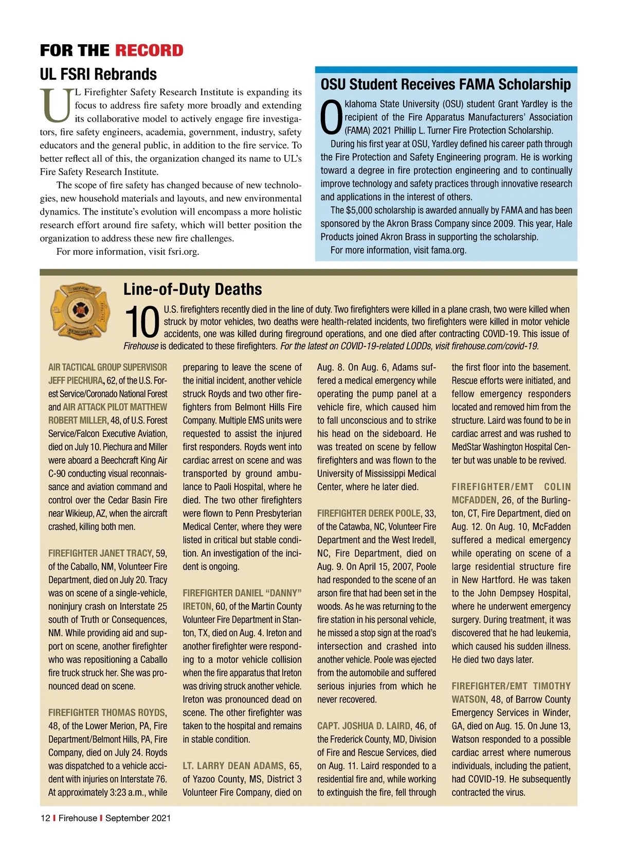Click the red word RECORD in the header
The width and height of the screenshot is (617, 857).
(149, 50)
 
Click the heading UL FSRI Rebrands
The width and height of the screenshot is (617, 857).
(98, 74)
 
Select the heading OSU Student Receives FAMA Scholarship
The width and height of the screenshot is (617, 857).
(445, 84)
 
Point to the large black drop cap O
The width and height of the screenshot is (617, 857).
(331, 117)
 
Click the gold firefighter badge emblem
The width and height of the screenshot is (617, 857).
(80, 310)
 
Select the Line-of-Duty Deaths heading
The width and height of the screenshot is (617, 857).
(192, 289)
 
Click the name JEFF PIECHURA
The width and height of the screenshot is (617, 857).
(76, 381)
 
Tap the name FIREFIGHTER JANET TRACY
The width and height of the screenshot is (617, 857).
(100, 553)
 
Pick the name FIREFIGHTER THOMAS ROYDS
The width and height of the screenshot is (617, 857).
(106, 713)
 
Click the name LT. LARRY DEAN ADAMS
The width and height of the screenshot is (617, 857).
(233, 766)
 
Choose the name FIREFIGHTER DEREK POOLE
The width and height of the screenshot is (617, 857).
(369, 513)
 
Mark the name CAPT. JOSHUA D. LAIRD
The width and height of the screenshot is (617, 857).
(364, 726)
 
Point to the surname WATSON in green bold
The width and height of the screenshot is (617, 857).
(468, 699)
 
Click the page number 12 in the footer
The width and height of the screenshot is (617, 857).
(45, 818)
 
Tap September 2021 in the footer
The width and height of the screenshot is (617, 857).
(138, 818)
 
